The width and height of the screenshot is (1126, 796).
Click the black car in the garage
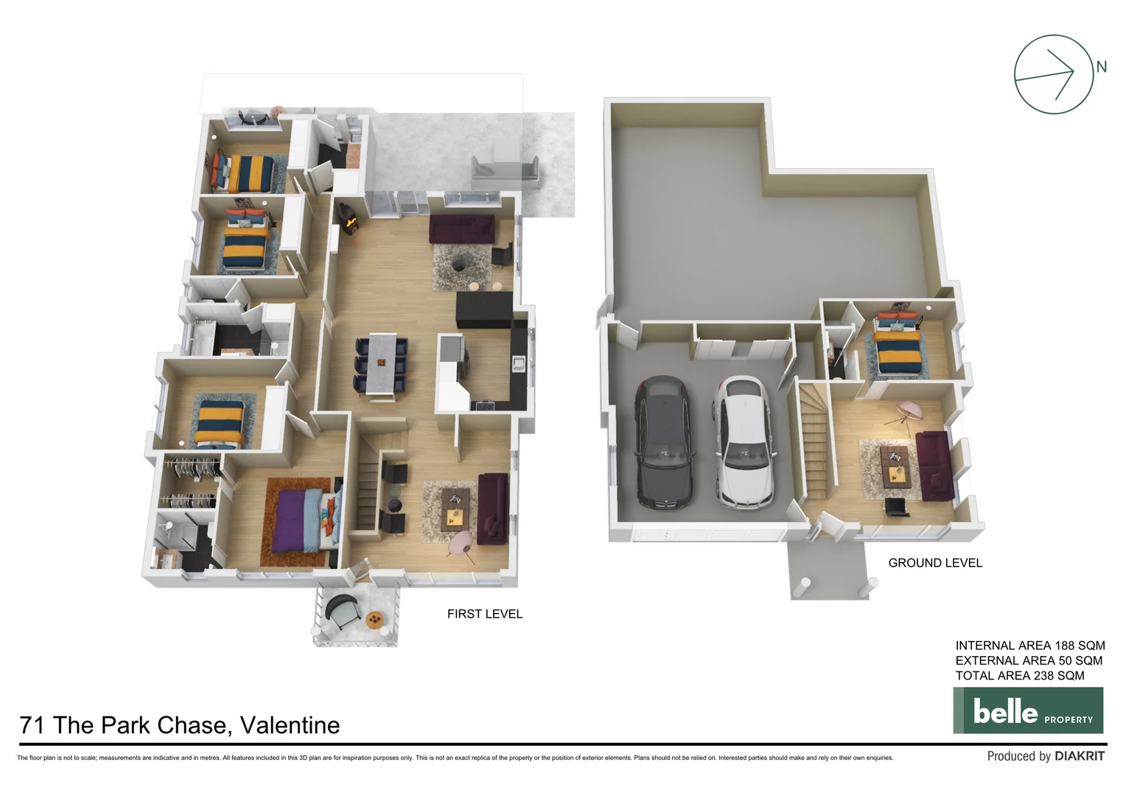[x=663, y=442]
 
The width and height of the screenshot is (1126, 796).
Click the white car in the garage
[x=744, y=442]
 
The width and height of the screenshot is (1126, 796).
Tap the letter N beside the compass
[x=1101, y=67]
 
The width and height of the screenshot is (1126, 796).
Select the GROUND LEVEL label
[x=934, y=563]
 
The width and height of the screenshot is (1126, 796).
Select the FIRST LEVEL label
[x=484, y=614]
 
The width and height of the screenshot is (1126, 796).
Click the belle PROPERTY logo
[x=1028, y=711]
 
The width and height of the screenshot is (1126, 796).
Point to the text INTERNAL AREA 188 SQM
[x=1029, y=646]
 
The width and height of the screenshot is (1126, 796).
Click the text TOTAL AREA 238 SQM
[x=1019, y=676]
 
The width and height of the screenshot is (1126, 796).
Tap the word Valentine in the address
[x=290, y=725]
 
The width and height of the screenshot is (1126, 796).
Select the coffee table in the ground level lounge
[x=895, y=464]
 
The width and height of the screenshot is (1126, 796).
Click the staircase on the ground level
[x=814, y=442]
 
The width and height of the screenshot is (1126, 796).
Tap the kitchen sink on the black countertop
[x=519, y=363]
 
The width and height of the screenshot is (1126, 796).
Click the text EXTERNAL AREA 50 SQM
[x=1029, y=661]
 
